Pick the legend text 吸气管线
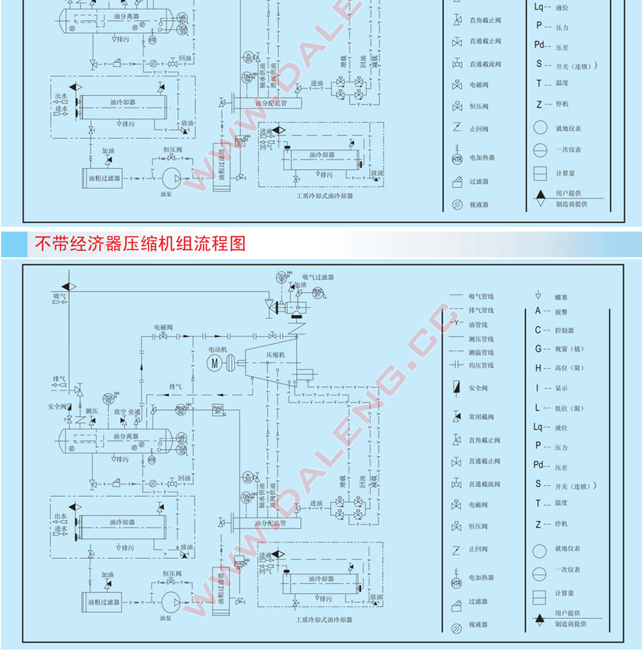[481, 296]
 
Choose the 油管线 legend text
[478, 325]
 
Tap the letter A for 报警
[538, 311]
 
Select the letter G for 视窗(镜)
[538, 349]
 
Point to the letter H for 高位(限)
[538, 368]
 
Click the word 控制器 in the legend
[564, 331]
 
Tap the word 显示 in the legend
[561, 388]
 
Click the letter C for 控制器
[538, 330]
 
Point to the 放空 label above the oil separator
[119, 412]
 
